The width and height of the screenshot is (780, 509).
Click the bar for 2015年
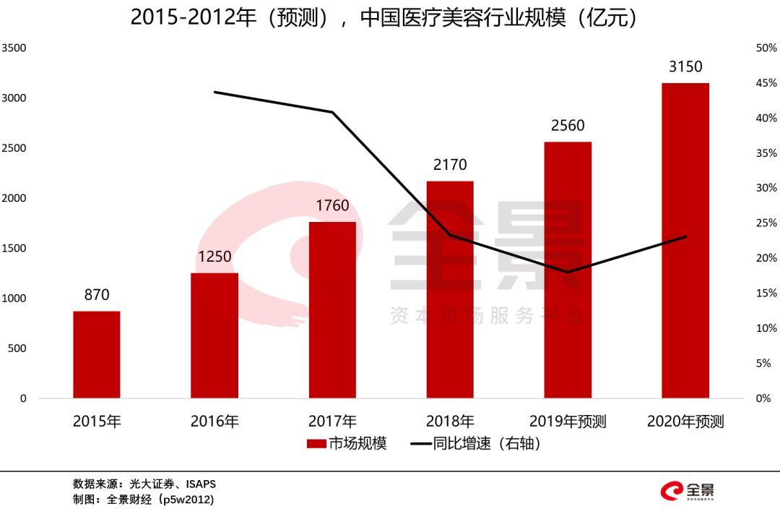pos(97,354)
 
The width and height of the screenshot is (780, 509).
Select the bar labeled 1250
pos(214,335)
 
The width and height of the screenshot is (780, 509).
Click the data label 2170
pos(450,166)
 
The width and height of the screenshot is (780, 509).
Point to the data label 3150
pos(685,67)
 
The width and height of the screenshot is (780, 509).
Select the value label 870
pos(97,295)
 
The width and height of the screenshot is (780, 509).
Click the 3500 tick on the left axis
pos(14,48)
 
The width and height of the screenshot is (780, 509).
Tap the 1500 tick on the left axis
pos(14,248)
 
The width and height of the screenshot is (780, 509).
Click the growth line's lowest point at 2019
pos(568,273)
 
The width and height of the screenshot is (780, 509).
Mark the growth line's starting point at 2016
pos(214,92)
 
